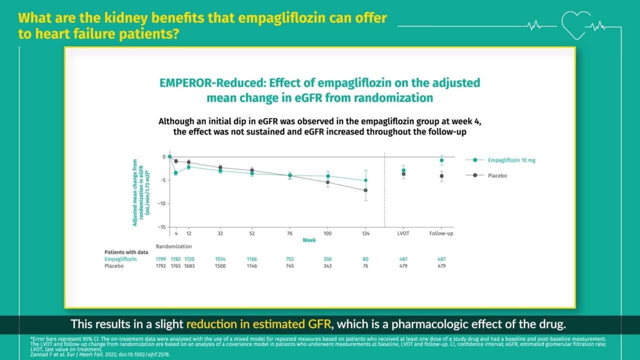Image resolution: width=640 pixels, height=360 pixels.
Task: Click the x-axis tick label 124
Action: [365, 233]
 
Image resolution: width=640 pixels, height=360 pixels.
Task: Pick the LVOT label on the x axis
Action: [403, 233]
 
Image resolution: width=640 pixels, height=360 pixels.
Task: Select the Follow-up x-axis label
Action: [441, 233]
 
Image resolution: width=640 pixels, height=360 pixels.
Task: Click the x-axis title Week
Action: [309, 240]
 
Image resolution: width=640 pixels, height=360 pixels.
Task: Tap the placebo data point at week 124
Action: [365, 190]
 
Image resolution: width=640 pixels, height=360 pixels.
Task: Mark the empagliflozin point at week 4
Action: [175, 173]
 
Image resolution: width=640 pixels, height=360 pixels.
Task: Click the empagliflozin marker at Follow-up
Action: [441, 160]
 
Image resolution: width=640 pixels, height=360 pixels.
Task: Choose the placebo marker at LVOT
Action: [403, 174]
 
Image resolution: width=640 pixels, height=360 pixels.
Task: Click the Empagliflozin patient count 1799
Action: [160, 259]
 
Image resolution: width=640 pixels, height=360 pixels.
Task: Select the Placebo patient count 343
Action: [327, 266]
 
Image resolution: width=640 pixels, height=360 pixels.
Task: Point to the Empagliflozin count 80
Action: [365, 259]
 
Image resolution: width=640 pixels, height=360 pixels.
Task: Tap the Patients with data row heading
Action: [124, 252]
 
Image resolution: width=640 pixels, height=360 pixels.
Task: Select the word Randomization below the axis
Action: [173, 246]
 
